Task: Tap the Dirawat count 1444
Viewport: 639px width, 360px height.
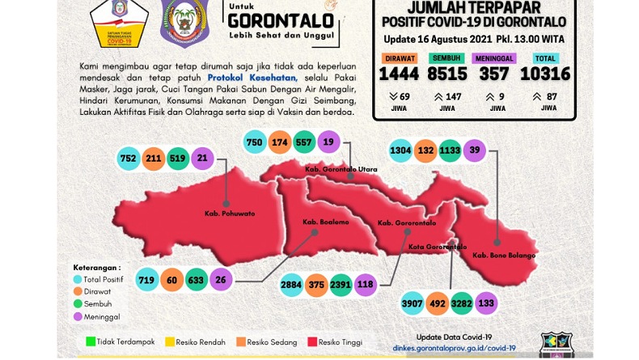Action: click(401, 74)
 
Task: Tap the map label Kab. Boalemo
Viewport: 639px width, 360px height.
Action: click(319, 222)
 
